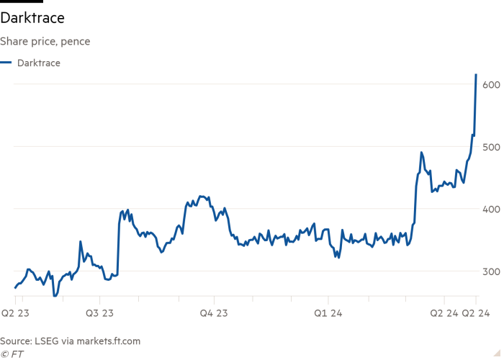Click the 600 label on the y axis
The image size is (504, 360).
point(492,85)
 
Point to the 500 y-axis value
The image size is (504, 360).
point(492,147)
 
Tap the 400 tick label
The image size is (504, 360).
point(492,209)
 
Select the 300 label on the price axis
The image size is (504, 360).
point(492,271)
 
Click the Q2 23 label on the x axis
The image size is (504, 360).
point(15,313)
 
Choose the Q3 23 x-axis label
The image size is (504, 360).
point(99,313)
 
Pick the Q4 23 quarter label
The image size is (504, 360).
point(213,313)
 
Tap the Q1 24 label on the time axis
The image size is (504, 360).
point(328,313)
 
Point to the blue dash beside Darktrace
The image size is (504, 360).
point(6,63)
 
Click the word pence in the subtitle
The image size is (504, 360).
point(75,42)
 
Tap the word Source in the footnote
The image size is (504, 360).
point(15,341)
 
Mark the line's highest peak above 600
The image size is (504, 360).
point(476,74)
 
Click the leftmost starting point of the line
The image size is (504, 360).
point(15,288)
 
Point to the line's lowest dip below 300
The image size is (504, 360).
point(55,295)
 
